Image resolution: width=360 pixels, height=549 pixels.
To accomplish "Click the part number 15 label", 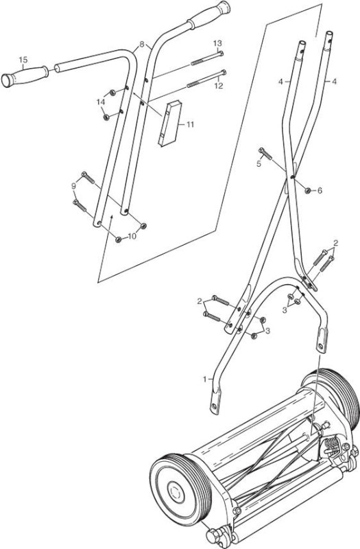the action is [23, 60].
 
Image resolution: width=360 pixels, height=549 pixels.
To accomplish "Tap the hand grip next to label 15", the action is [25, 75].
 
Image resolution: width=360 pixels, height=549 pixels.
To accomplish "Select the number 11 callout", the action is [190, 125].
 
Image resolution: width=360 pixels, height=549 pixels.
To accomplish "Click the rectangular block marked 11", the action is [170, 124].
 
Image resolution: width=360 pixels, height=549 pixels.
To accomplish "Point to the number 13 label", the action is [217, 43].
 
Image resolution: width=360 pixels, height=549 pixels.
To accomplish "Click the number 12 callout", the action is [219, 86].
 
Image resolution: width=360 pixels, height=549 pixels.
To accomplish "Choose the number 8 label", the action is [142, 44].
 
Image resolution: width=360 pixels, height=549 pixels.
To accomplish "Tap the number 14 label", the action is [101, 102].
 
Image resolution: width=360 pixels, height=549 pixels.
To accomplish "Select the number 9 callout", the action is [73, 186].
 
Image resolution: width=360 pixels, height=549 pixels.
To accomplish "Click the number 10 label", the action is [132, 236].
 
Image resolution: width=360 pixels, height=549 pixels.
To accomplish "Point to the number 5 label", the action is [259, 164].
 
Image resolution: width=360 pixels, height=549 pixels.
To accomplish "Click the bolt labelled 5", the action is [265, 154].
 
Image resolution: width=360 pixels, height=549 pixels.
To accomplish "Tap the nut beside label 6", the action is [308, 191].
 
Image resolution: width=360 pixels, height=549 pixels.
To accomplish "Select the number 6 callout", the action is [320, 191].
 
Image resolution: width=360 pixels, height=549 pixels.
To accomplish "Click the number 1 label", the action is [205, 379].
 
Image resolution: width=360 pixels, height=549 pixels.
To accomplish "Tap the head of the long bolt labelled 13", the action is [221, 54].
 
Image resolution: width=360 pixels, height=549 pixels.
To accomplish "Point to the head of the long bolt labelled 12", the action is [224, 73].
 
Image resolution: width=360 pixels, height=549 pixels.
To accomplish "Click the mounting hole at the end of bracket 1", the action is [213, 407].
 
